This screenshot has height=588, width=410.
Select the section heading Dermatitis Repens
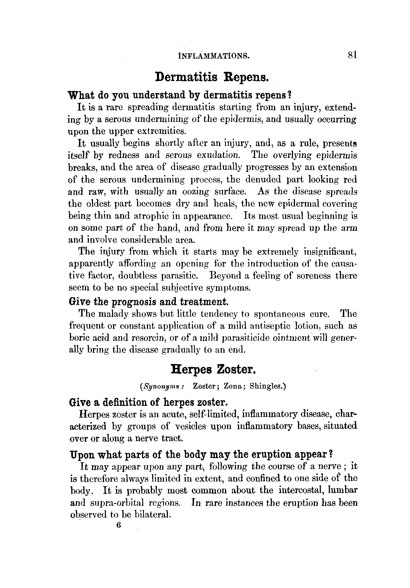(212, 77)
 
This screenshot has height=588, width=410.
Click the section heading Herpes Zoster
(214, 369)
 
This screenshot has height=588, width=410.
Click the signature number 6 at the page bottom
(119, 525)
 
